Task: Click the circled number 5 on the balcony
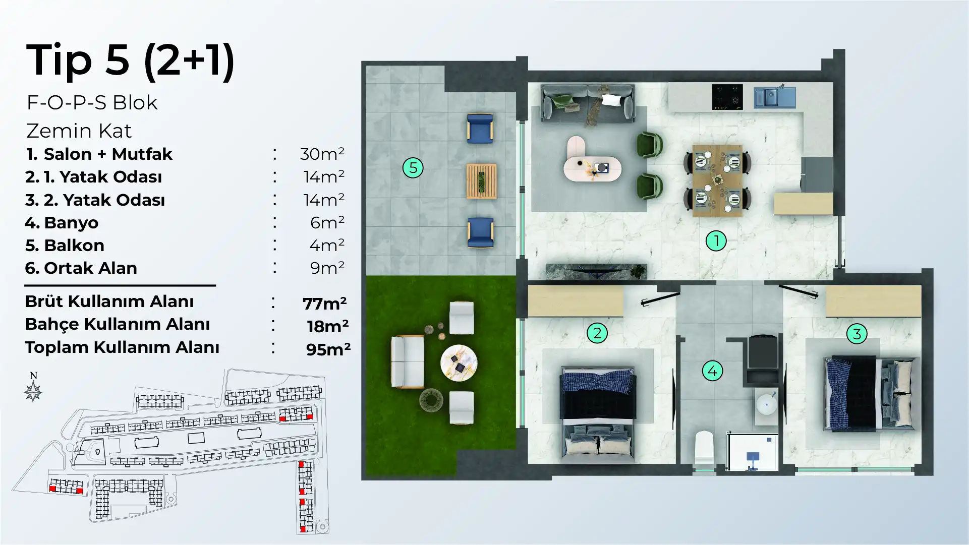point(413,167)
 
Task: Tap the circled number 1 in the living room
point(716,240)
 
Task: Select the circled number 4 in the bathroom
point(712,371)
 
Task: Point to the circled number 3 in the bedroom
point(857,333)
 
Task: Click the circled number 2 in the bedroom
point(597,333)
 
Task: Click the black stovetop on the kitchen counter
point(727,97)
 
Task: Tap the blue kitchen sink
point(775,97)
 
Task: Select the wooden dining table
point(717,180)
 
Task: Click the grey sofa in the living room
point(588,103)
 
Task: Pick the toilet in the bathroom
point(704,450)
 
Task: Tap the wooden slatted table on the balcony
point(482,181)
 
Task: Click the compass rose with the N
point(33,388)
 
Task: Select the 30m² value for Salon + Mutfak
point(322,154)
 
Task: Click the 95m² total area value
point(328,349)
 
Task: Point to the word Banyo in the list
point(71,222)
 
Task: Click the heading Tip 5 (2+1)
point(131,60)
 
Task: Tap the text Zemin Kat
point(79,131)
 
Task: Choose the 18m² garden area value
point(328,326)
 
